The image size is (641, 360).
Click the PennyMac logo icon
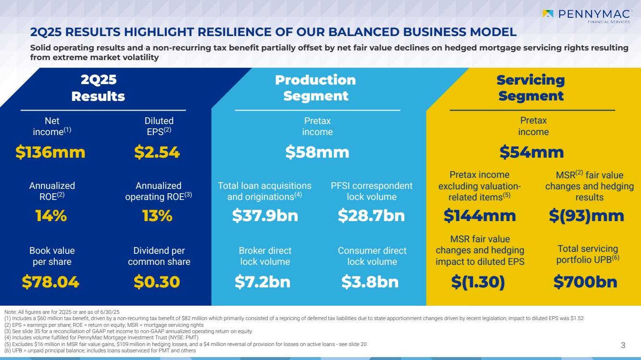(548, 14)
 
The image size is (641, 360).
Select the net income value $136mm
(50, 152)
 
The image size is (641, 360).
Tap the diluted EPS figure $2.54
(157, 152)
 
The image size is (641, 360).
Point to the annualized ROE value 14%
(51, 216)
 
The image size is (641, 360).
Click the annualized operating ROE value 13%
(157, 216)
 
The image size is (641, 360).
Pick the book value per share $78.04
(50, 282)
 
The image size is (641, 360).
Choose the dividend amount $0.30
(157, 282)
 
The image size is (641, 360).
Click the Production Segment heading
(315, 88)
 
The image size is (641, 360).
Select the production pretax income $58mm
(317, 152)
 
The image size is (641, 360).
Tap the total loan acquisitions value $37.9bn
(265, 216)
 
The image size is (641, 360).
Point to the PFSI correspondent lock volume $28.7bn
(371, 216)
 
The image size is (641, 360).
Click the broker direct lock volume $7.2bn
(263, 282)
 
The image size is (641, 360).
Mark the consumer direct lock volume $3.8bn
(370, 282)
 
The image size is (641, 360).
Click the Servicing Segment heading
(531, 88)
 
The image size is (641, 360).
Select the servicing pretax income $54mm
(531, 152)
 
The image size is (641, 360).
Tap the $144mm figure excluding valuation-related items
(479, 216)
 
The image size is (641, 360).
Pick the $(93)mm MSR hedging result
(587, 216)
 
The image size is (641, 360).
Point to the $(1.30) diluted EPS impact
(478, 282)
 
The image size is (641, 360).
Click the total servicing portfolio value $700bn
(585, 282)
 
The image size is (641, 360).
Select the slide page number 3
(623, 345)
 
